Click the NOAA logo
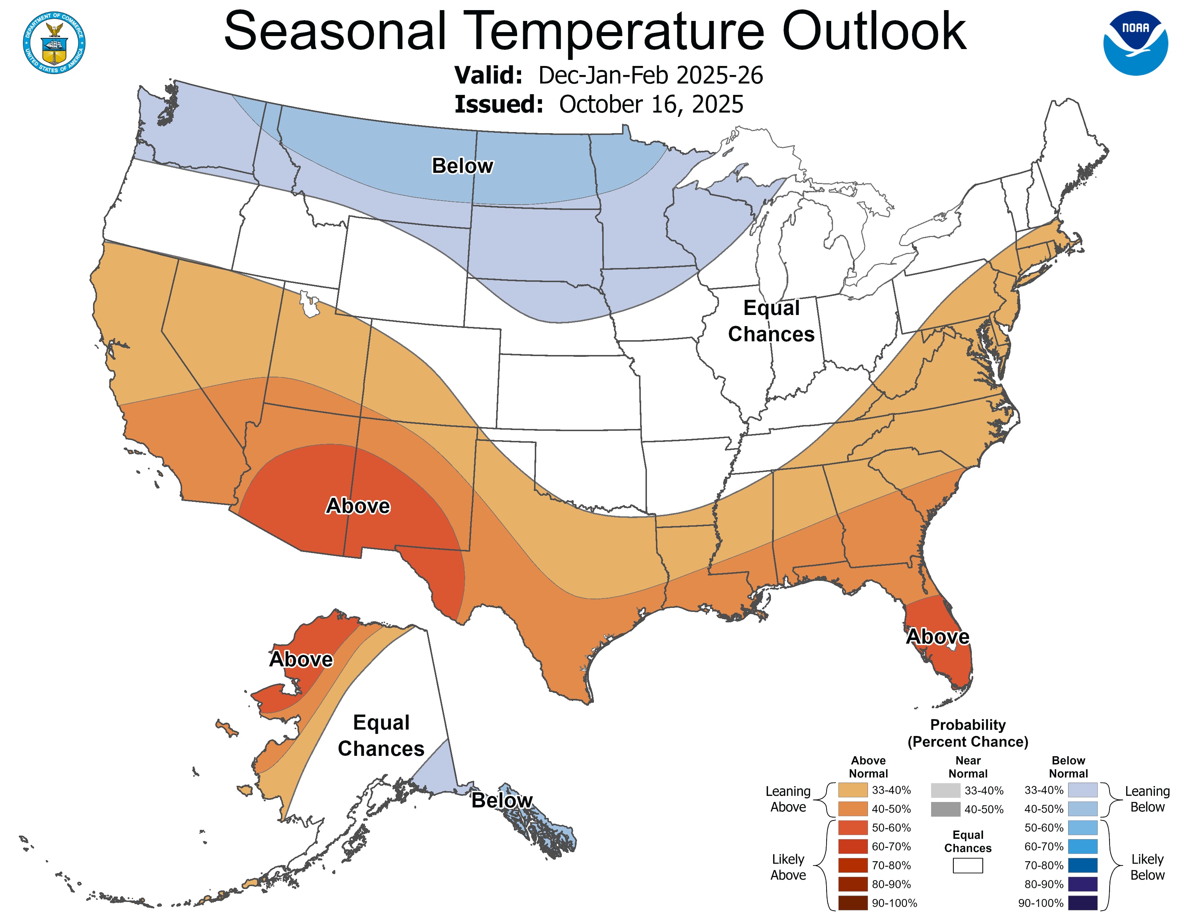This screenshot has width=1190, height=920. (1136, 43)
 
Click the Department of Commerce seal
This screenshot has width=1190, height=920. (54, 43)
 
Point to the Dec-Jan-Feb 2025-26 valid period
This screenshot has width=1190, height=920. (650, 75)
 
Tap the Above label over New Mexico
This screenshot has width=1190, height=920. (358, 506)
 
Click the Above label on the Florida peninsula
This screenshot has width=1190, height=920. (937, 636)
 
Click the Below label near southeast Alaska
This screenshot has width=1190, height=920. (502, 800)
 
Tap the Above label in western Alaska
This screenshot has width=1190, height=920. (301, 659)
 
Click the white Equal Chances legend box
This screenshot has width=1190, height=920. (968, 866)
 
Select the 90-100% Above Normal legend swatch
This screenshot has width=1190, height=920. (853, 903)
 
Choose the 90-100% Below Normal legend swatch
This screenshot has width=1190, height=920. (1082, 903)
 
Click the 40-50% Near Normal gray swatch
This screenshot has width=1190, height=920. (946, 809)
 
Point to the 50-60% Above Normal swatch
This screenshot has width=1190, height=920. (853, 827)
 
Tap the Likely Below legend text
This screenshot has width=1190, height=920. (1147, 867)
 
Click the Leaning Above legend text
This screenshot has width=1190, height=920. (788, 799)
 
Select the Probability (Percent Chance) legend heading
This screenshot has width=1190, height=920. (968, 733)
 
